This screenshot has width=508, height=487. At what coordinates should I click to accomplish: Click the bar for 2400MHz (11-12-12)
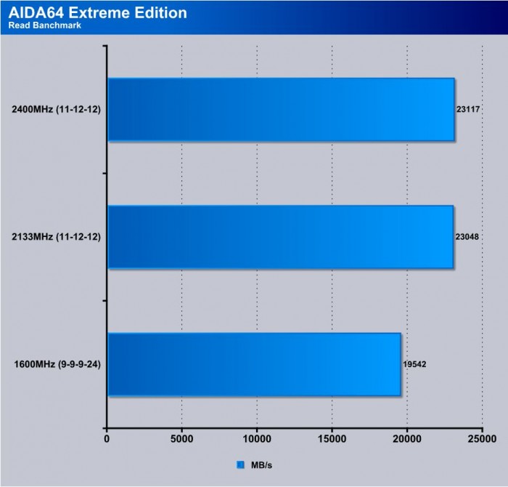[x=281, y=110]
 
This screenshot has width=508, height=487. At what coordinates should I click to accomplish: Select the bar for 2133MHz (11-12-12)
[x=280, y=237]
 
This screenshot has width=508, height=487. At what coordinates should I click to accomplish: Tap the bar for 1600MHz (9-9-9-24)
[x=254, y=364]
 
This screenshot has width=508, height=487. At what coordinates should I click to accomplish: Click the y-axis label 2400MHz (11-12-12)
[x=57, y=110]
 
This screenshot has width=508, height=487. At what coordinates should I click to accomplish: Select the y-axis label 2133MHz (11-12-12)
[x=57, y=238]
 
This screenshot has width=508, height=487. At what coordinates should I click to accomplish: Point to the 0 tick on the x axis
[x=107, y=439]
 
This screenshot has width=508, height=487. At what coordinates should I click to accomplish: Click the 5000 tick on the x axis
[x=181, y=439]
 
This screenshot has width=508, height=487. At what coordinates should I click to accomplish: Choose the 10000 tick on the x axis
[x=257, y=439]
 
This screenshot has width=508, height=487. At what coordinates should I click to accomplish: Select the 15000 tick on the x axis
[x=332, y=439]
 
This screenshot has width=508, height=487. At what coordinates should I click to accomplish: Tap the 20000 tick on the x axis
[x=407, y=439]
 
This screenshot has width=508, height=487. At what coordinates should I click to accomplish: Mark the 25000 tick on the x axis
[x=482, y=439]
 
